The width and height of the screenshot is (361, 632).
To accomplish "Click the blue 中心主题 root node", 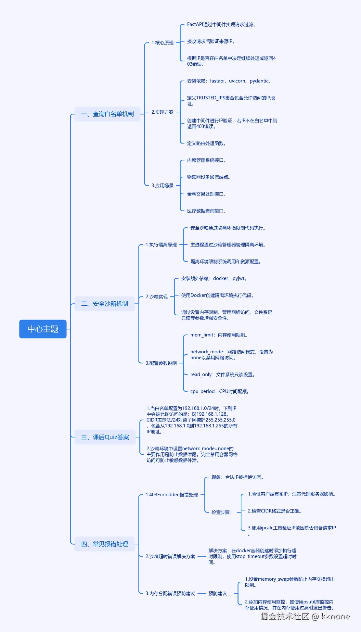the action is click(x=43, y=329).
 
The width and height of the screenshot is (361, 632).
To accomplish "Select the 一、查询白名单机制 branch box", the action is click(x=108, y=114).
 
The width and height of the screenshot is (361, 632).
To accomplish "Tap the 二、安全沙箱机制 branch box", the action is click(x=105, y=304).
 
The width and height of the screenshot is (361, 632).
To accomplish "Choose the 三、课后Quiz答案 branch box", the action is click(x=105, y=437).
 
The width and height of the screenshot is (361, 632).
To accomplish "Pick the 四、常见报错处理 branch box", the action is click(x=105, y=544).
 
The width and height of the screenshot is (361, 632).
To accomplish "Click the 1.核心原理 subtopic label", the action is click(x=162, y=43).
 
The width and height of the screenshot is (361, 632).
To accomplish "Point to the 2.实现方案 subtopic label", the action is click(x=162, y=112).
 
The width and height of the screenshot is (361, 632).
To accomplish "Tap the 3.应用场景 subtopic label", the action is click(x=162, y=185).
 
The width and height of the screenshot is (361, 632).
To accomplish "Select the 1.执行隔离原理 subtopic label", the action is click(x=161, y=245).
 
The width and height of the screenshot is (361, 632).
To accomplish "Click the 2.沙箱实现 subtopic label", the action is click(x=157, y=297).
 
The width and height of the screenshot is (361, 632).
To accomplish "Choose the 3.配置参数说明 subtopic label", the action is click(x=161, y=363).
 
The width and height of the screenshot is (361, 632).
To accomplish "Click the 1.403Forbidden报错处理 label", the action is click(x=172, y=495).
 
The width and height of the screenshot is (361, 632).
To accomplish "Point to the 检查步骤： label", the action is click(x=222, y=512).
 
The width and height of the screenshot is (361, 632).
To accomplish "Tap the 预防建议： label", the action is click(x=219, y=593).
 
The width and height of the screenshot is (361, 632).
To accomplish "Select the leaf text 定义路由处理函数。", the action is click(x=206, y=143).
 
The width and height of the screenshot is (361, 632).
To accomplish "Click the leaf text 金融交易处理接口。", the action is click(x=206, y=194).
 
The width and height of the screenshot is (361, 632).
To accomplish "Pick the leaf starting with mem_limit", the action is click(x=219, y=335).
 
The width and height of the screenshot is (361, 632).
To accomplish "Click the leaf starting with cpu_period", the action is click(x=220, y=391).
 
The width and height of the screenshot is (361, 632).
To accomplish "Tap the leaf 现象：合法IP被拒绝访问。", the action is click(x=238, y=477).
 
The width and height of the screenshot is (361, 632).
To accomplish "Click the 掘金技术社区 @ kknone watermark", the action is click(x=305, y=616).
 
